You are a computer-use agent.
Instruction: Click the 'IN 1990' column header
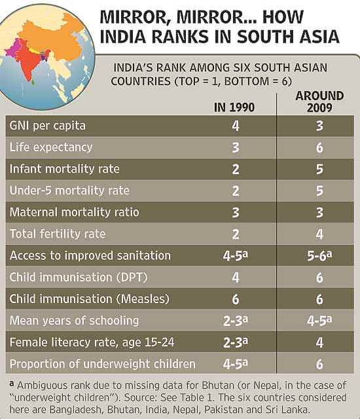(x=234, y=107)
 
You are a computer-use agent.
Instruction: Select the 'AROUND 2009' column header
(x=319, y=102)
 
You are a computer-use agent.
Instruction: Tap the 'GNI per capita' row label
(x=48, y=126)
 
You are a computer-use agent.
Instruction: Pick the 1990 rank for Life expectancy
(x=235, y=147)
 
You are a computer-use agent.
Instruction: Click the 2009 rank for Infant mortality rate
(x=319, y=169)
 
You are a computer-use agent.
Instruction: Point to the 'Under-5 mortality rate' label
(x=69, y=191)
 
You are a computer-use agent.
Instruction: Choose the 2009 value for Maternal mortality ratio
(x=319, y=212)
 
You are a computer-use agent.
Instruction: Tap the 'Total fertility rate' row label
(x=58, y=234)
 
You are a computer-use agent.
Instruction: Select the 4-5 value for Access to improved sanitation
(x=235, y=255)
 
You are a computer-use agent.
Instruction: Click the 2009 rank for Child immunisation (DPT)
(x=319, y=278)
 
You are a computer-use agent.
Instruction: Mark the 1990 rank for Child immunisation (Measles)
(x=235, y=299)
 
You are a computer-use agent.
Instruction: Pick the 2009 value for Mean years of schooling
(x=319, y=321)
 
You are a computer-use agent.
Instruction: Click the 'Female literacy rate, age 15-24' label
(x=92, y=342)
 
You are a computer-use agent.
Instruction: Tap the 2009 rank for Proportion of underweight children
(x=319, y=364)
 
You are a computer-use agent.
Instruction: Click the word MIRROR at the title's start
(x=135, y=18)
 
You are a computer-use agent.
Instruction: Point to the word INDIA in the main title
(x=123, y=37)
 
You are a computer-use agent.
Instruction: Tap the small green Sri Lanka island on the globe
(x=33, y=81)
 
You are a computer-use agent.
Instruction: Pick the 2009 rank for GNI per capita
(x=319, y=126)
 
